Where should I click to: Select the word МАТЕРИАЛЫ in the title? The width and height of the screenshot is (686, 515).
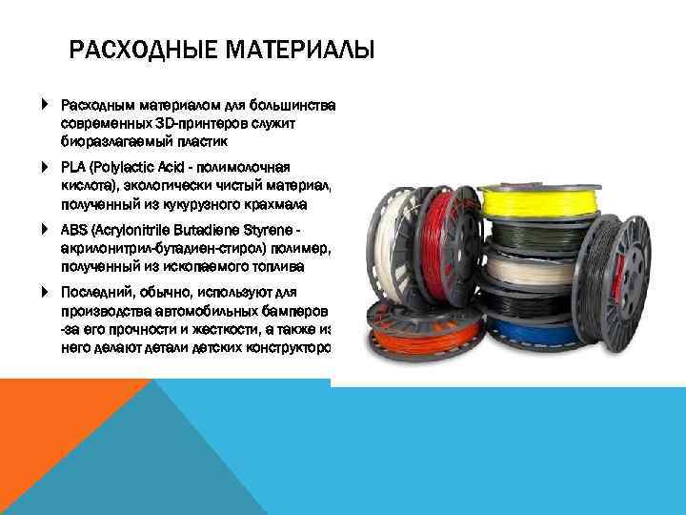pyautogui.click(x=297, y=49)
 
